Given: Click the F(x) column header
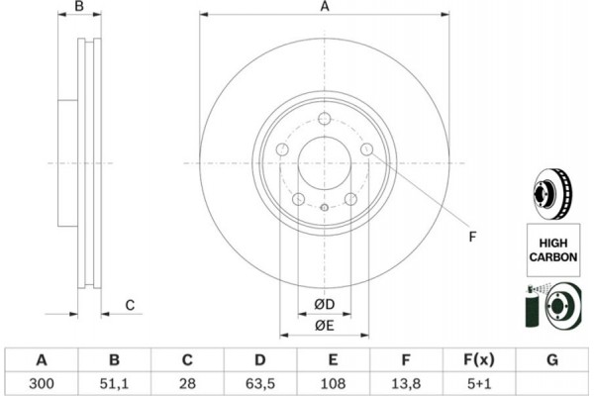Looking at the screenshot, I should pos(479,358).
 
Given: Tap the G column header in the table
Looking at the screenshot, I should pos(552,358).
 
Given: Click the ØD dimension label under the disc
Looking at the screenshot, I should pos(325,303).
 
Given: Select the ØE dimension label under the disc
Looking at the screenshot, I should pos(325,325).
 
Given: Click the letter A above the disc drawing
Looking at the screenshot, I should pos(324,8).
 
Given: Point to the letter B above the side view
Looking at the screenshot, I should pos(80,8).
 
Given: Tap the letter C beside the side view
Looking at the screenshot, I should pos(130,305).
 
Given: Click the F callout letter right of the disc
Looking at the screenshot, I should pos(472,236).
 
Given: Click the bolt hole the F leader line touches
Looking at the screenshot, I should pos(367,149).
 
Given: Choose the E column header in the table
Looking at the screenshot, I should pos(333,358).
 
